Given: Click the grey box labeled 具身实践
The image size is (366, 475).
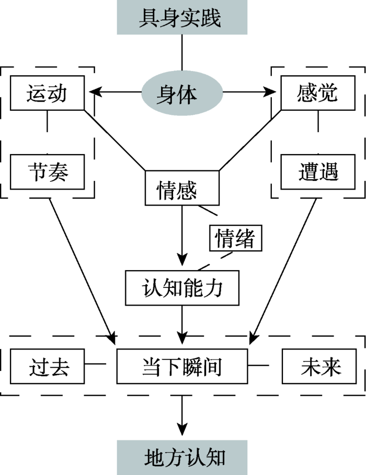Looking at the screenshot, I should (x=182, y=17).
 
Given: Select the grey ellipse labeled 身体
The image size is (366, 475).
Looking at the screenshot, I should (x=182, y=94).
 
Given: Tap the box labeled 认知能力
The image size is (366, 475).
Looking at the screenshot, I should (x=182, y=287).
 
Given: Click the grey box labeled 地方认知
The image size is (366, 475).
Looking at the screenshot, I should (x=182, y=457).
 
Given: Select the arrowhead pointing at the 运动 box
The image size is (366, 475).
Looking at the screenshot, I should (x=94, y=94).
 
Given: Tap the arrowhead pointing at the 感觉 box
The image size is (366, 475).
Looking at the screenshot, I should (x=271, y=94).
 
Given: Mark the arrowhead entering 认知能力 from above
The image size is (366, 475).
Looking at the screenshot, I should (x=182, y=261).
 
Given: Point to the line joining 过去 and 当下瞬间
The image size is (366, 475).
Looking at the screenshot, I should (x=98, y=363).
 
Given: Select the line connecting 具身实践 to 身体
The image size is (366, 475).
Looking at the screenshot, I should (x=182, y=52).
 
